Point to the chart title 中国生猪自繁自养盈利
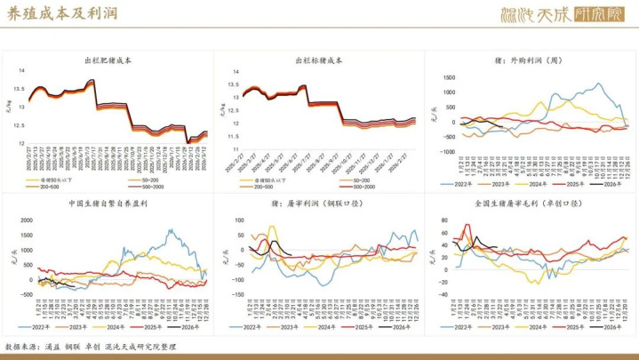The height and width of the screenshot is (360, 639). tap(108, 203)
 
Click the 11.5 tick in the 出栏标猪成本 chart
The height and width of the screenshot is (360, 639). tap(233, 136)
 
